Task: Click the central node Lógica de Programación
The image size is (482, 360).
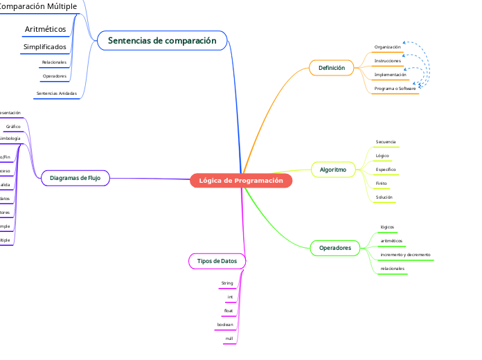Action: pos(241,181)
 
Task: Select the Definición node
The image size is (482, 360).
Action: pos(331,68)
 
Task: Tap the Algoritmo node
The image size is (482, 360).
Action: pos(333,169)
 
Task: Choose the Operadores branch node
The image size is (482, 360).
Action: pos(334,248)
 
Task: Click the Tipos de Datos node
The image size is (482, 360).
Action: pos(217,261)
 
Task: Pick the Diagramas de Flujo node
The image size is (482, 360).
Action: pos(75,178)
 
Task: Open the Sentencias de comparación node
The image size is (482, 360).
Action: pos(162,41)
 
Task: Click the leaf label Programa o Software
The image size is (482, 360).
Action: pos(395,89)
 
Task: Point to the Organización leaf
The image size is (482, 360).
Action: pos(387,47)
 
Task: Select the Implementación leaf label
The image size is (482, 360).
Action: pos(390,74)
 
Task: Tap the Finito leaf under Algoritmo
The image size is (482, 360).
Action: pos(381,183)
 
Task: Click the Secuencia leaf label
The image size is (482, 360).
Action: pos(386,142)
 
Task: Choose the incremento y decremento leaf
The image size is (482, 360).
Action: pos(405,255)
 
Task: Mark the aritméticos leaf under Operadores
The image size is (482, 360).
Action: pos(391,241)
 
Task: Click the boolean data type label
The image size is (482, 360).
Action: pos(225,325)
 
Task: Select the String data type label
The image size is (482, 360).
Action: pos(227,283)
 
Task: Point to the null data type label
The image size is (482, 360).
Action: pos(229,339)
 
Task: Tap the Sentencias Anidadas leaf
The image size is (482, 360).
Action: pos(56,93)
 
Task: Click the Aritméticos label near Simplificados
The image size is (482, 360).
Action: pos(45,29)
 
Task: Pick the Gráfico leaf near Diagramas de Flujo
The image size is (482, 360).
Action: pos(13,127)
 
